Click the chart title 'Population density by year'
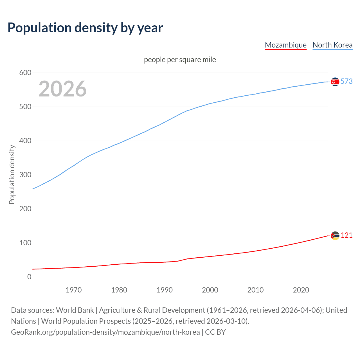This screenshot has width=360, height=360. click(85, 28)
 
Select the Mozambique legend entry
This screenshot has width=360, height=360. click(285, 45)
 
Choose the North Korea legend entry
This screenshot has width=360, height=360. click(332, 45)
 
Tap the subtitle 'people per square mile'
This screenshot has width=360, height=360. click(180, 60)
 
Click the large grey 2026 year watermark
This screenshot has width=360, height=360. click(62, 89)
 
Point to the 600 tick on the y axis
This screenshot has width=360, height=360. click(25, 73)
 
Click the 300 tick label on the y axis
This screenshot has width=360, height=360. click(25, 175)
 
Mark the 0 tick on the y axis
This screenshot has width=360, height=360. click(29, 277)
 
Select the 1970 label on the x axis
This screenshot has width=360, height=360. click(73, 290)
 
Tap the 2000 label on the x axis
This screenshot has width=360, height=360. click(210, 290)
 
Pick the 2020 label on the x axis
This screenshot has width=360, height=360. click(301, 290)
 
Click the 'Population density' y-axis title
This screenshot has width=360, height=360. click(12, 174)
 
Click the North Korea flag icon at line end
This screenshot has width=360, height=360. click(335, 82)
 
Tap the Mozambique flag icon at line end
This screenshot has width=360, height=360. click(335, 236)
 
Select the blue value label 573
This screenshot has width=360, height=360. click(346, 81)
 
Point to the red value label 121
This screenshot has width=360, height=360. click(346, 235)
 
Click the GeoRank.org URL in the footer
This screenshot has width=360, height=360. click(105, 332)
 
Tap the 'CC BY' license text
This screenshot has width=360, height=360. click(215, 332)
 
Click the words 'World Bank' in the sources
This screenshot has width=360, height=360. click(75, 310)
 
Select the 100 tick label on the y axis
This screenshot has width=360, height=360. click(25, 243)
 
